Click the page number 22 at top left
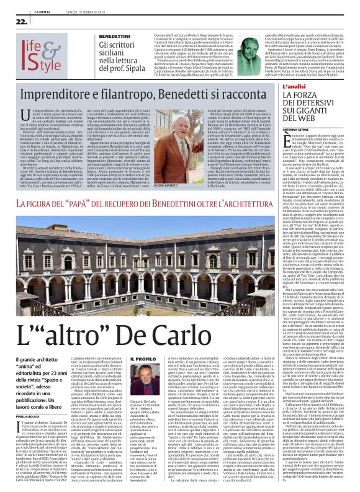[x=12, y=20]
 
